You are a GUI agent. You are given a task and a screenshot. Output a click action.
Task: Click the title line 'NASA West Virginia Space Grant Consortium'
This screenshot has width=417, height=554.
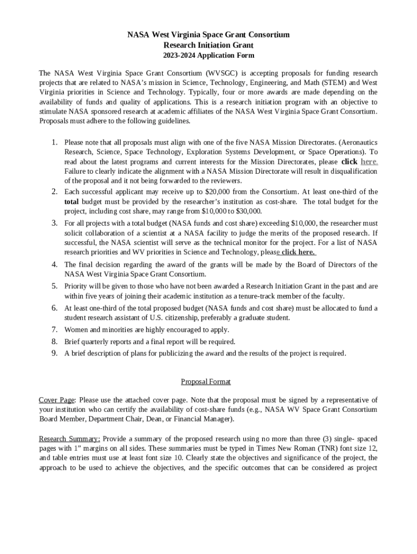point(208,35)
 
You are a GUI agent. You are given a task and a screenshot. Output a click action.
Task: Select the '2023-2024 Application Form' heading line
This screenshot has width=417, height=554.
point(208,55)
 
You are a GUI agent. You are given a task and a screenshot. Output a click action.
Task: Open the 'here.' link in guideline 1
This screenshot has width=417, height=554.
point(369,162)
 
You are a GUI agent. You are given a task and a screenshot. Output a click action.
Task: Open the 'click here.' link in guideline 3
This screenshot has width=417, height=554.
point(298,252)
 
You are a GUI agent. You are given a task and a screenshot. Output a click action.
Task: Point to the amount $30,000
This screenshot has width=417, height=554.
point(247,212)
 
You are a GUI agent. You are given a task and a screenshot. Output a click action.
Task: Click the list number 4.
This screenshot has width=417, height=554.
point(55,265)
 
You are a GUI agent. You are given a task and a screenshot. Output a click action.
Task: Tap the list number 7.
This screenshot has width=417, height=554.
point(55,329)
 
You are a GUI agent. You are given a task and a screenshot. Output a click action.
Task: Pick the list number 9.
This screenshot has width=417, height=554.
point(55,353)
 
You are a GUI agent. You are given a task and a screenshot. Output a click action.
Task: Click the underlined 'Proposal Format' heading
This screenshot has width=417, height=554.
point(206,382)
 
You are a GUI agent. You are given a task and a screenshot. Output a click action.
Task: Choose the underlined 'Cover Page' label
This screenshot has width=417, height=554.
point(56,400)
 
